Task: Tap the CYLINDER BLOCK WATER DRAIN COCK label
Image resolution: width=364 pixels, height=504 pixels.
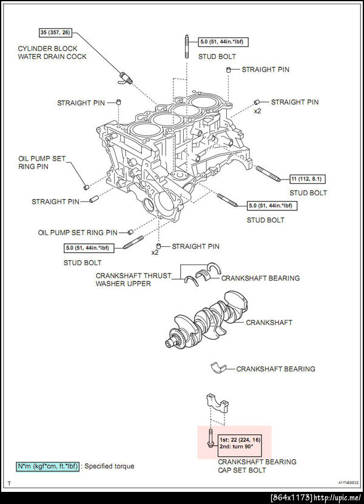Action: [x=52, y=52]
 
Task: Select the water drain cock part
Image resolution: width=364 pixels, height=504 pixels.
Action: [x=126, y=77]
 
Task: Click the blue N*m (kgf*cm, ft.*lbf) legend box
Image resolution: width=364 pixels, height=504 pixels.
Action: [x=48, y=466]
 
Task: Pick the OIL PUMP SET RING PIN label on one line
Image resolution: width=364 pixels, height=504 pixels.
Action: [x=78, y=232]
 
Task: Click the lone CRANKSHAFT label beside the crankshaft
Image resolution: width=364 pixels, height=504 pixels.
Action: [x=269, y=323]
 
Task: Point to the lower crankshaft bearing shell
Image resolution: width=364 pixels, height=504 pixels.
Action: [x=218, y=367]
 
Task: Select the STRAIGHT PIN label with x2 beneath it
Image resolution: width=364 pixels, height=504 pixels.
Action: [x=294, y=102]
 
